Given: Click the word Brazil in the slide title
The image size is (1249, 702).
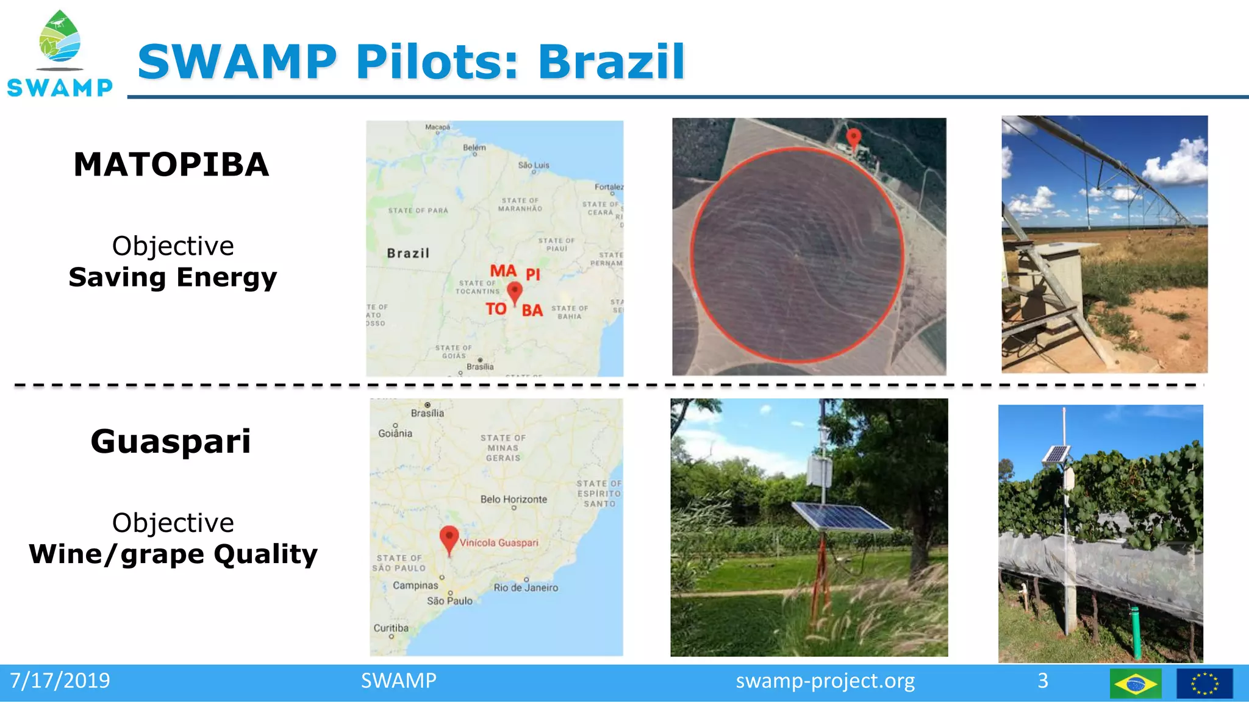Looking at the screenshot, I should tap(611, 62).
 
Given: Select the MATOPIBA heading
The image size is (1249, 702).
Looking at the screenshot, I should tap(171, 165).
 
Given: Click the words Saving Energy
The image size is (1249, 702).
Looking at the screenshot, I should tap(173, 277).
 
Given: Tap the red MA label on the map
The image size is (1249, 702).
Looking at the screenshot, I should tap(503, 271).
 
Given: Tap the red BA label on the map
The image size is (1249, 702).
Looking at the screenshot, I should tap(532, 311).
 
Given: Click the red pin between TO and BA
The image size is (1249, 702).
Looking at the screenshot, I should tap(515, 292).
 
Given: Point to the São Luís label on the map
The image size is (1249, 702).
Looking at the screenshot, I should tap(533, 165).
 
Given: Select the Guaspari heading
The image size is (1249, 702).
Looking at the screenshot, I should tap(171, 441).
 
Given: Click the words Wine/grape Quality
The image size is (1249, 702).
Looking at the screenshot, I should tap(173, 554).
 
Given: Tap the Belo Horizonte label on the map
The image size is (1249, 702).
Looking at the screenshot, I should tap(514, 499).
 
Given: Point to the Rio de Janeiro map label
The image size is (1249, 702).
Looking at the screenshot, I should tap(526, 587).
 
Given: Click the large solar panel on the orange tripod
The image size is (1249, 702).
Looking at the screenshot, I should tap(840, 517).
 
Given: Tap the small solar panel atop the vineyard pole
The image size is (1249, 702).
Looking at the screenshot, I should tap(1056, 454).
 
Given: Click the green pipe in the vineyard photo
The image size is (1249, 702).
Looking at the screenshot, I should tap(1136, 631).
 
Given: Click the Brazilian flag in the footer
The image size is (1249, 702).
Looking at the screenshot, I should tap(1135, 684).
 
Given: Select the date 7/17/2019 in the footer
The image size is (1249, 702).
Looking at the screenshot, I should tap(60, 681).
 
